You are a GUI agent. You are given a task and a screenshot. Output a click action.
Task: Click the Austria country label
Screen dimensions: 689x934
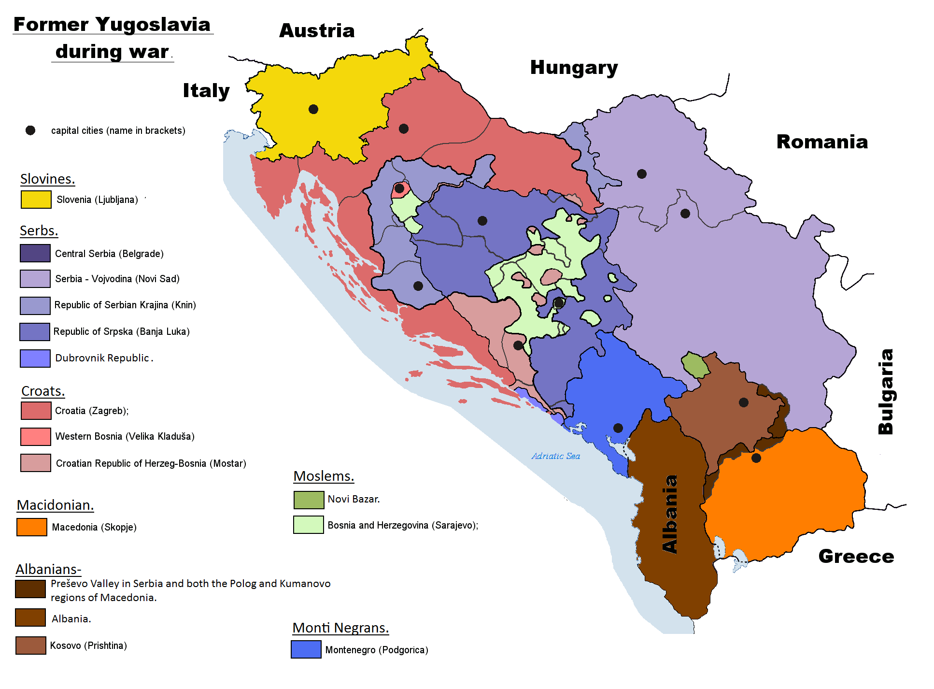[317, 31]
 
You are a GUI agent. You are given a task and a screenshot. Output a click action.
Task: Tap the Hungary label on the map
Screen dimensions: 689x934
[574, 68]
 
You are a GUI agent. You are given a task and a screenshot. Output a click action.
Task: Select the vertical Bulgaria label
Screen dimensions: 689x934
[886, 391]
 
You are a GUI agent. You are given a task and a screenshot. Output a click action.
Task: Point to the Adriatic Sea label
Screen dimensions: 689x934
[555, 456]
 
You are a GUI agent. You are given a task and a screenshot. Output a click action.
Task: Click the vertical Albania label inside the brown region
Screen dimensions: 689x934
[670, 514]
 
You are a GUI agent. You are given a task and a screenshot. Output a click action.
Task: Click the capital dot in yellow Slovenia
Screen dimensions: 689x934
[313, 109]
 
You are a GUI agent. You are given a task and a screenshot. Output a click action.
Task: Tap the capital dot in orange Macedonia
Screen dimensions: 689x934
[756, 458]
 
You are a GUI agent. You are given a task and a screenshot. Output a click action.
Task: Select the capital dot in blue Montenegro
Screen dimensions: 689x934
[618, 428]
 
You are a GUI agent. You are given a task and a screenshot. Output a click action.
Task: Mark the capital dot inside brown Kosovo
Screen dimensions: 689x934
[744, 402]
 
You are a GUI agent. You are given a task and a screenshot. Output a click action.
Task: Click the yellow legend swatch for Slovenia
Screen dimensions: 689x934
[36, 200]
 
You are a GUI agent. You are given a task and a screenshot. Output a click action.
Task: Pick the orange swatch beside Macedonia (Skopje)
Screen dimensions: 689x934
[31, 527]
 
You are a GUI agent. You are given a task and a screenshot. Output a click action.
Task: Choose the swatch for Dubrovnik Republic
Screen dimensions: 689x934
[35, 359]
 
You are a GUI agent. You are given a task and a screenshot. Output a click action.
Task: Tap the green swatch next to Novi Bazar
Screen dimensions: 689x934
[309, 500]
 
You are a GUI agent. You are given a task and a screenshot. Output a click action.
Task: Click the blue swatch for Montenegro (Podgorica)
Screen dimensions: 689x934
[306, 649]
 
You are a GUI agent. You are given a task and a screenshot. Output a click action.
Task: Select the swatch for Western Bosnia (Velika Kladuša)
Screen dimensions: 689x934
[35, 437]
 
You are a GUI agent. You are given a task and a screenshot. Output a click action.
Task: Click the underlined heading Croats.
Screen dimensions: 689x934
[43, 391]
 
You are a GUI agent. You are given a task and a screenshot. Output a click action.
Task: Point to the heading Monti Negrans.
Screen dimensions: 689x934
[340, 628]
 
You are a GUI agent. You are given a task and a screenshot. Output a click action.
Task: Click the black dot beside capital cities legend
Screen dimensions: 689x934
[30, 130]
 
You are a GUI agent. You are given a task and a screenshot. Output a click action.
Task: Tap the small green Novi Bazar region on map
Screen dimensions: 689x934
[695, 365]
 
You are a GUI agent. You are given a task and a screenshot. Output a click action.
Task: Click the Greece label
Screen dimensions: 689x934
[856, 557]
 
